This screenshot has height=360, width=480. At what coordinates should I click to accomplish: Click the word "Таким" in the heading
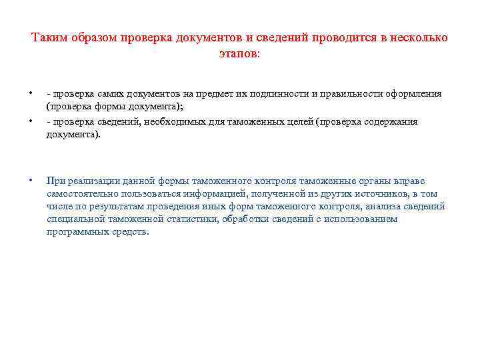(47, 37)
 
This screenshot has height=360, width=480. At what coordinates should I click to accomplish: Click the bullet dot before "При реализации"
(31, 181)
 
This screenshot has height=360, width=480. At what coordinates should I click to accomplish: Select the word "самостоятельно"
(78, 193)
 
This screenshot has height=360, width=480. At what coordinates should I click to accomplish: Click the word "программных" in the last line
(74, 232)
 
